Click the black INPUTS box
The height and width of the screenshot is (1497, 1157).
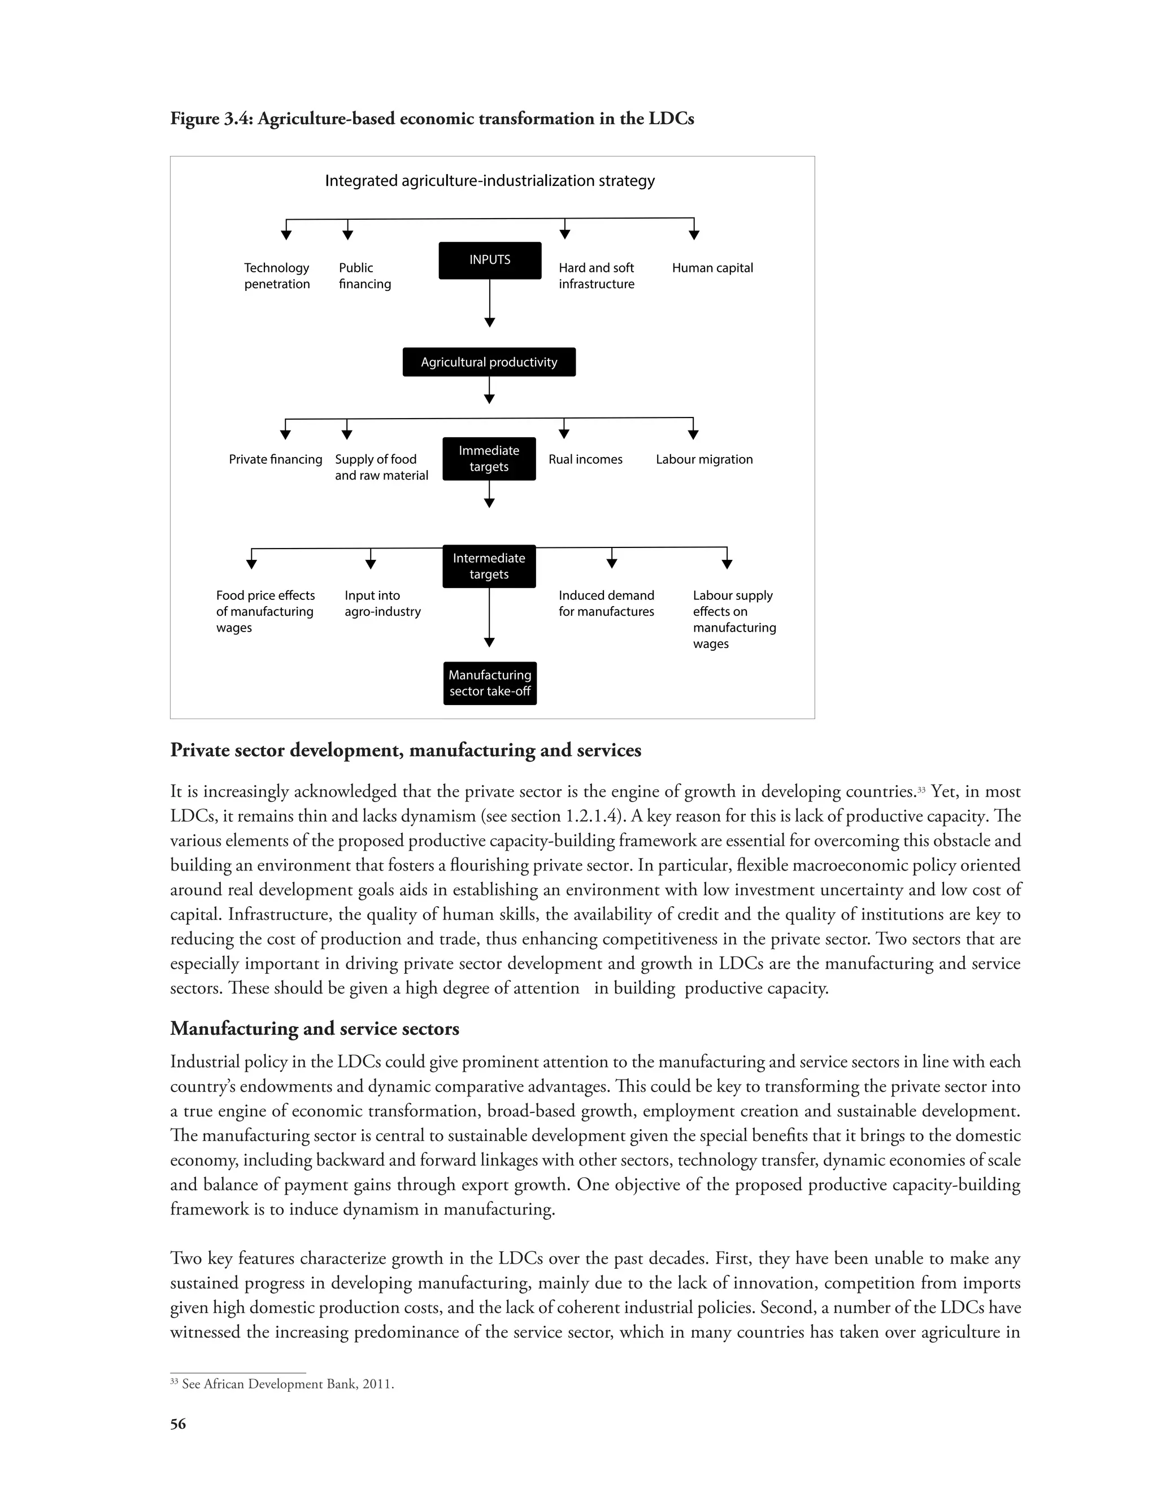point(489,260)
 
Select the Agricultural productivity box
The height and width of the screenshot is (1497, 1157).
point(489,362)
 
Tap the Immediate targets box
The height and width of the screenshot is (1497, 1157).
point(489,459)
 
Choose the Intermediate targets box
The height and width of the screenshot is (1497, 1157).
point(489,566)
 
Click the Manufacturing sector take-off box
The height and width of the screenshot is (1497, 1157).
point(489,683)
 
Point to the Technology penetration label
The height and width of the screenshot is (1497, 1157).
point(277,276)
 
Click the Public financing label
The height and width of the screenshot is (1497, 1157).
point(364,276)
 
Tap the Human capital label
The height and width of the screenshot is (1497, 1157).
point(712,268)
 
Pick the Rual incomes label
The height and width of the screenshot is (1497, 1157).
point(585,459)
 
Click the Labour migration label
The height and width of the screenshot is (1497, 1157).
point(704,459)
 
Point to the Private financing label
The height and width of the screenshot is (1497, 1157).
point(276,459)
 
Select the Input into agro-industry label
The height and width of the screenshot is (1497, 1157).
point(382,603)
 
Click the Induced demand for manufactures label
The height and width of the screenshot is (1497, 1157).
point(606,603)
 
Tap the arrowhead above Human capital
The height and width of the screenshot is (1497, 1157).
point(694,235)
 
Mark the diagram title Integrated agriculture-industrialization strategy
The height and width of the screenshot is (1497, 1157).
point(489,181)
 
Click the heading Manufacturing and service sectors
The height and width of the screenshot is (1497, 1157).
point(315,1028)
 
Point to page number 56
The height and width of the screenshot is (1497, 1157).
point(177,1424)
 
